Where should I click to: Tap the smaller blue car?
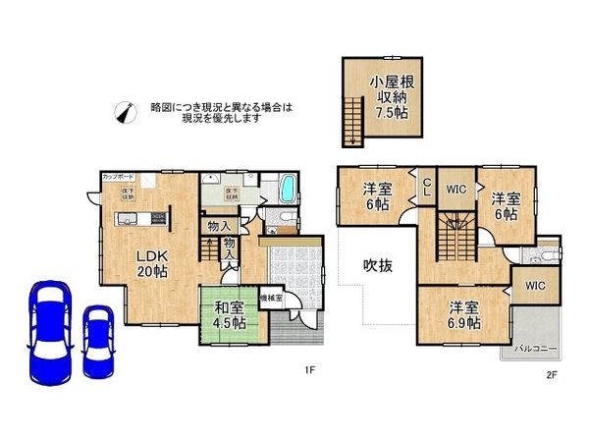(x=98, y=341)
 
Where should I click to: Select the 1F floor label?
(x=308, y=371)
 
